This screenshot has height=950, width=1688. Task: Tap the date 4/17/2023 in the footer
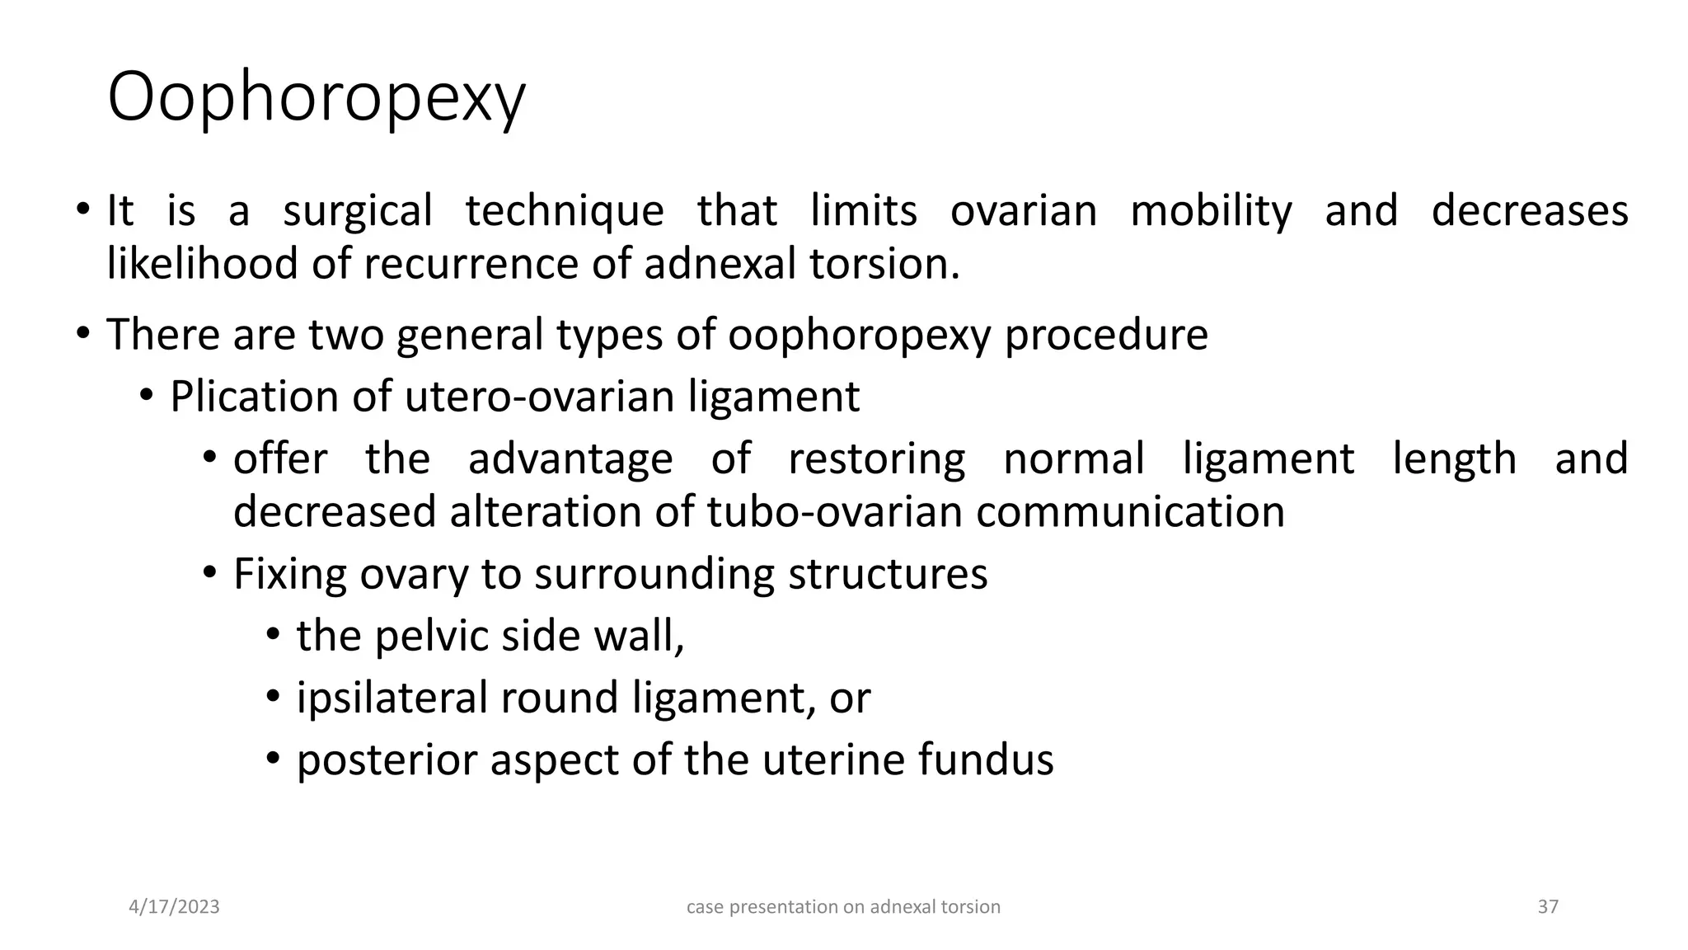175,907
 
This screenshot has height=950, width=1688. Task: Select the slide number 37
1548,907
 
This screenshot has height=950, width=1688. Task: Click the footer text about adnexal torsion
843,907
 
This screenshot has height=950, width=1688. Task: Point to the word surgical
357,211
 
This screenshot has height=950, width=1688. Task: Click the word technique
565,211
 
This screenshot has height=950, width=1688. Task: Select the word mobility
1211,211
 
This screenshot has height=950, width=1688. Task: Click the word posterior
387,760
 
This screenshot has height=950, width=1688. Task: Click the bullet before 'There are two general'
82,333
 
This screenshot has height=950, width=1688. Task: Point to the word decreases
1529,211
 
